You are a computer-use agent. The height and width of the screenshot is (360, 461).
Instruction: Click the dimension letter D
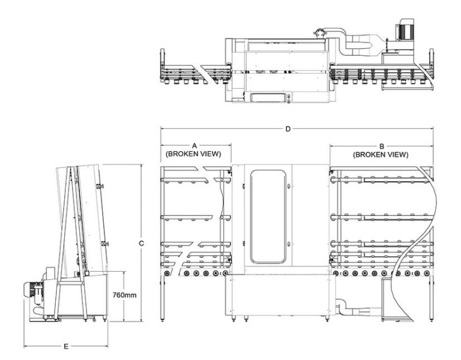288,128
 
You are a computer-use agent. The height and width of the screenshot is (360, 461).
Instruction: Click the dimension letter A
194,146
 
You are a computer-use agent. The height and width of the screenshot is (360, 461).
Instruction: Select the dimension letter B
382,146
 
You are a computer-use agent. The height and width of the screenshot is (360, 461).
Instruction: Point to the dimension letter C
140,243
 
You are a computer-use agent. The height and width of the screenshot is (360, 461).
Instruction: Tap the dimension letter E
67,346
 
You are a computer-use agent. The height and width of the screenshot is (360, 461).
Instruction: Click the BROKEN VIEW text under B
382,154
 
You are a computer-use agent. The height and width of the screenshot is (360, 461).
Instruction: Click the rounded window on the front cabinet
268,217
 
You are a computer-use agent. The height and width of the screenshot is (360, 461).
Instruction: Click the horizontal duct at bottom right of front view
360,310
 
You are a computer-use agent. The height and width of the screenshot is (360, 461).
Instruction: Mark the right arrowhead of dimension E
107,346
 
